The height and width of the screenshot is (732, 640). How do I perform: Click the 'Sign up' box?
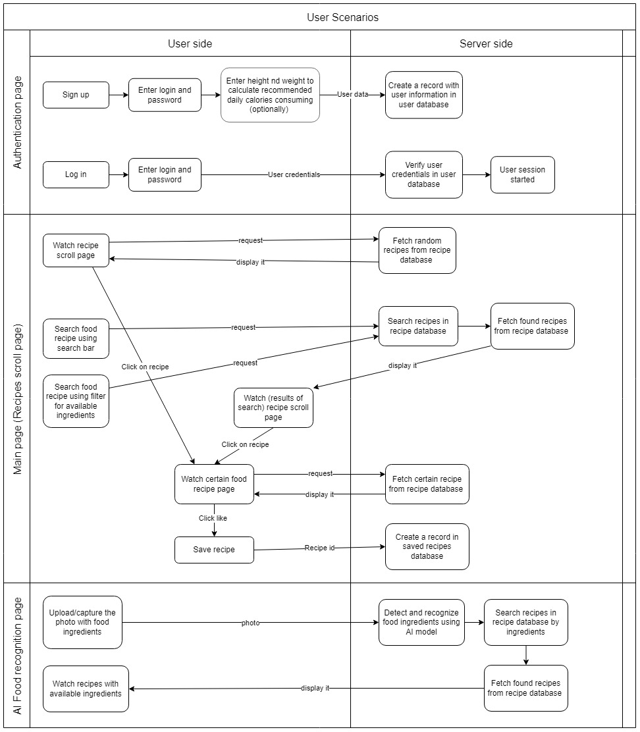[76, 95]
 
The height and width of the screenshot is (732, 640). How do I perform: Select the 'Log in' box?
[76, 174]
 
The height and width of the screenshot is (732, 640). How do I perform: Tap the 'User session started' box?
[522, 174]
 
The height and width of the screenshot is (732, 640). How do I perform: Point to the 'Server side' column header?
[486, 43]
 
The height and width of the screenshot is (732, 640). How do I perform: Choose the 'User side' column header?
[190, 43]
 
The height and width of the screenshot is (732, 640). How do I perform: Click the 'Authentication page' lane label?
[18, 122]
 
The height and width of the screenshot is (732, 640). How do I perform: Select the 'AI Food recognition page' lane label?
[18, 655]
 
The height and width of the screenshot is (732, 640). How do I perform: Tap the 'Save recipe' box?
[214, 550]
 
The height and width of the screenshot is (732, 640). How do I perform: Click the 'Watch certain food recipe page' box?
[214, 484]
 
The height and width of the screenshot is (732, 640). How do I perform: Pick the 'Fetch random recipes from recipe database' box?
[417, 250]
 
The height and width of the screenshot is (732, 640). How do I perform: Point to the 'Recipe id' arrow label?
[319, 548]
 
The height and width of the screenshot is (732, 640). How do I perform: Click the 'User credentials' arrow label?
[294, 174]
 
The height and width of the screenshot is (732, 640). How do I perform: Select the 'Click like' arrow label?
[213, 518]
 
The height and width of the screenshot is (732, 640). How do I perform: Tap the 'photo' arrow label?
[250, 622]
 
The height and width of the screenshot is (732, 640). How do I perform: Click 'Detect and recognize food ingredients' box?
[421, 622]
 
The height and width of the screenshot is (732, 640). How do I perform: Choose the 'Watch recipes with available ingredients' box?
[85, 689]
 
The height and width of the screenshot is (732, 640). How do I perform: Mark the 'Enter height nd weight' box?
[269, 95]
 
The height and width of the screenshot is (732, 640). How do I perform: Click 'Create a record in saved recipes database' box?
[427, 546]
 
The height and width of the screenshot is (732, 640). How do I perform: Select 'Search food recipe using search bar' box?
[76, 338]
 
